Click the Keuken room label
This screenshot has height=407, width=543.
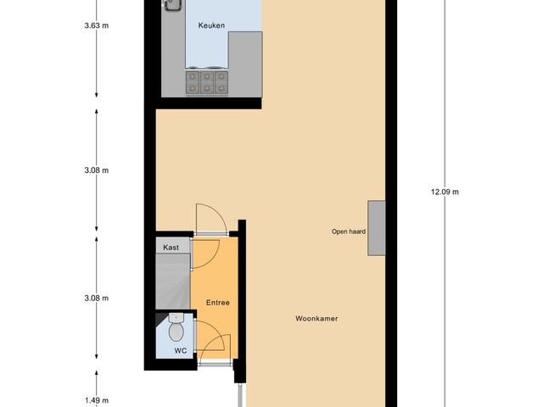coord(211,26)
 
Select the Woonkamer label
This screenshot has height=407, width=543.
coord(317,320)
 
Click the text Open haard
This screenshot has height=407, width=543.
coord(348,231)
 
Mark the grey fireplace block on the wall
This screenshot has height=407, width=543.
coord(376,228)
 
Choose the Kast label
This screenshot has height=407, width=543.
coord(171,247)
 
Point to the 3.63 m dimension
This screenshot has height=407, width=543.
coord(97,25)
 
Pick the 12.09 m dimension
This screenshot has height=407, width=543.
coord(444,192)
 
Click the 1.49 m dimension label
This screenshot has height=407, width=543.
coord(97,401)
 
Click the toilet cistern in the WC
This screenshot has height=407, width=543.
coord(176,316)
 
